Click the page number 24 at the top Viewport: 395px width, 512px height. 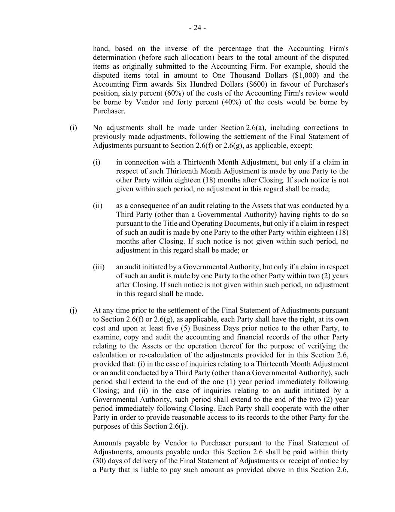click(197, 28)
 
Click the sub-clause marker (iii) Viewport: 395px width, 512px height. click(98, 267)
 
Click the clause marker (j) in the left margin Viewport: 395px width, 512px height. click(73, 311)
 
